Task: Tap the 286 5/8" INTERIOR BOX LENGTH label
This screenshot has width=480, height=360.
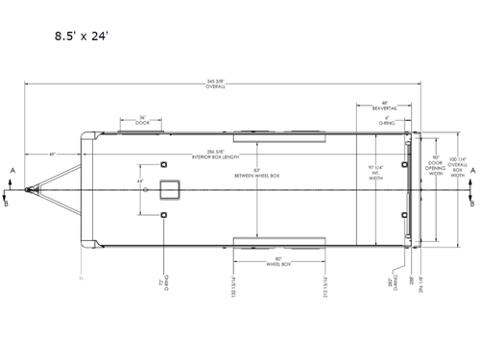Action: (221, 153)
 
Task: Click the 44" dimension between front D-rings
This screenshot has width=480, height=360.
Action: (140, 181)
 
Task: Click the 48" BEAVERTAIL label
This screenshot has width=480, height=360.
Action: (384, 106)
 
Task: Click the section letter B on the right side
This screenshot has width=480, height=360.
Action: (471, 203)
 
